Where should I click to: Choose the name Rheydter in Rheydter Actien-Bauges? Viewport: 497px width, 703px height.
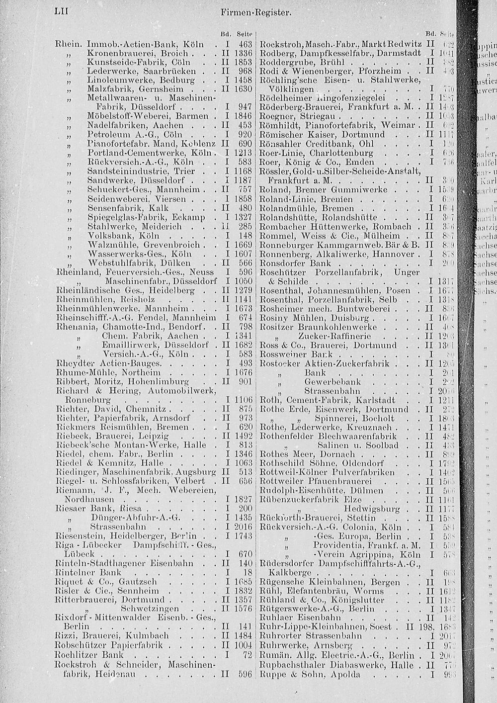pyautogui.click(x=73, y=363)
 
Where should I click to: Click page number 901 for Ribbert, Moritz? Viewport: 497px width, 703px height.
pyautogui.click(x=246, y=381)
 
